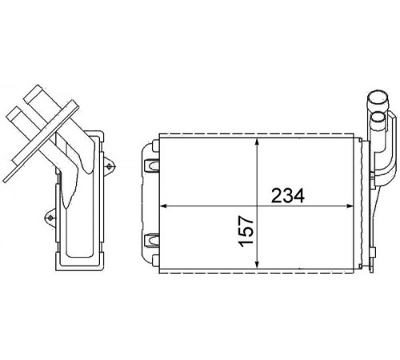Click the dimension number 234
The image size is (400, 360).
pyautogui.click(x=288, y=196)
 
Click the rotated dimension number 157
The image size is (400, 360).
pyautogui.click(x=246, y=231)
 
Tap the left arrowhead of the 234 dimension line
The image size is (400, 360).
pyautogui.click(x=163, y=206)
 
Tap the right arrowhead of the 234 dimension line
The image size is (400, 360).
pyautogui.click(x=350, y=206)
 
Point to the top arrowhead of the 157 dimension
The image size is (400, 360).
pyautogui.click(x=257, y=142)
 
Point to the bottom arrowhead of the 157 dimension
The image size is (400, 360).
pyautogui.click(x=257, y=264)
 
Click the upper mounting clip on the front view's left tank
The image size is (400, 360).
pyautogui.click(x=151, y=166)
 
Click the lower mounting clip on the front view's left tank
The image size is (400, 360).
pyautogui.click(x=151, y=240)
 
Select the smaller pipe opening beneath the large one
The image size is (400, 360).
pyautogui.click(x=378, y=117)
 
